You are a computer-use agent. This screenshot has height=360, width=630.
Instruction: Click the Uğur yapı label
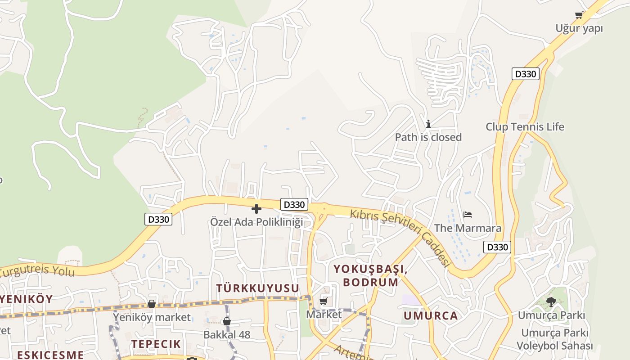[x=579, y=28]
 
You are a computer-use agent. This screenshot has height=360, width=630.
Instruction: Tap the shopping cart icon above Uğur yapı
[x=579, y=15]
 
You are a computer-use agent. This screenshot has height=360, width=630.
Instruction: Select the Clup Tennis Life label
[x=525, y=127]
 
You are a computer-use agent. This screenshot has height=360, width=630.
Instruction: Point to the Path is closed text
[x=428, y=137]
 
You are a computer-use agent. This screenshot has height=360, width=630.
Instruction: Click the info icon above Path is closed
[x=428, y=124]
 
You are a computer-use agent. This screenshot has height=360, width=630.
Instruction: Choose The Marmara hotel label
[x=468, y=228]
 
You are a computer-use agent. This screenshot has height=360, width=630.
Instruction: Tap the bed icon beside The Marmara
[x=468, y=215]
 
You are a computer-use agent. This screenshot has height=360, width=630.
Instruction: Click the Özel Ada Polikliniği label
[x=256, y=222]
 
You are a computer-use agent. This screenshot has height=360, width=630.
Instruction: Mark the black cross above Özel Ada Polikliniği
[x=256, y=209]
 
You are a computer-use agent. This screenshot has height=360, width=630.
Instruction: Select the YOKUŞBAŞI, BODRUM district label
[x=370, y=276]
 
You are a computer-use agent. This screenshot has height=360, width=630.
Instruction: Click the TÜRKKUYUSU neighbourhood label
[x=258, y=288]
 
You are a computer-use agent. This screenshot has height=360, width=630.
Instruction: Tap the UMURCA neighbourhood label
[x=431, y=316]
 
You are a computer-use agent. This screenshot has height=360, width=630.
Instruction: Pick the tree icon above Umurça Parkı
[x=551, y=301]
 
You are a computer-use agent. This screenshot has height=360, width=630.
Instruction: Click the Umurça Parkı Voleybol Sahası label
[x=554, y=340]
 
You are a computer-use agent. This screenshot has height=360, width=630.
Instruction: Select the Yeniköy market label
[x=152, y=317]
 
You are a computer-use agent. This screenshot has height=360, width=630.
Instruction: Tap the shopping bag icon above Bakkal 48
[x=227, y=321]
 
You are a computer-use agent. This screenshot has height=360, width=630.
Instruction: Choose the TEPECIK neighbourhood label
[x=156, y=344]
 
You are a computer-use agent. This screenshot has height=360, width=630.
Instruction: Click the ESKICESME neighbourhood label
[x=50, y=355]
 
